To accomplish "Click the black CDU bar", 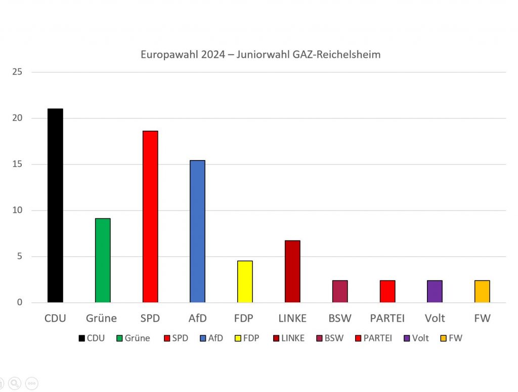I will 55,206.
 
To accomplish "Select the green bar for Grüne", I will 103,260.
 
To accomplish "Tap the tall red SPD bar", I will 150,217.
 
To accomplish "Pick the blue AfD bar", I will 197,231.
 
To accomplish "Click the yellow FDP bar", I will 245,282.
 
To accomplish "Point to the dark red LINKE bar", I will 292,271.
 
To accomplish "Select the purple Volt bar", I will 435,291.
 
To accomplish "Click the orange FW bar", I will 482,291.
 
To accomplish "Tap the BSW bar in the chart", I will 340,291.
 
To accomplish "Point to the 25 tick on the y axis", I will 17,72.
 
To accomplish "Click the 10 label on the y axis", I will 17,210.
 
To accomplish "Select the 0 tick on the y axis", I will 19,302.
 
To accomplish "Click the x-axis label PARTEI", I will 387,319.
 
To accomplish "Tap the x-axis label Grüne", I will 101,319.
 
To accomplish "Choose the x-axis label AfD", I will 197,319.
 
